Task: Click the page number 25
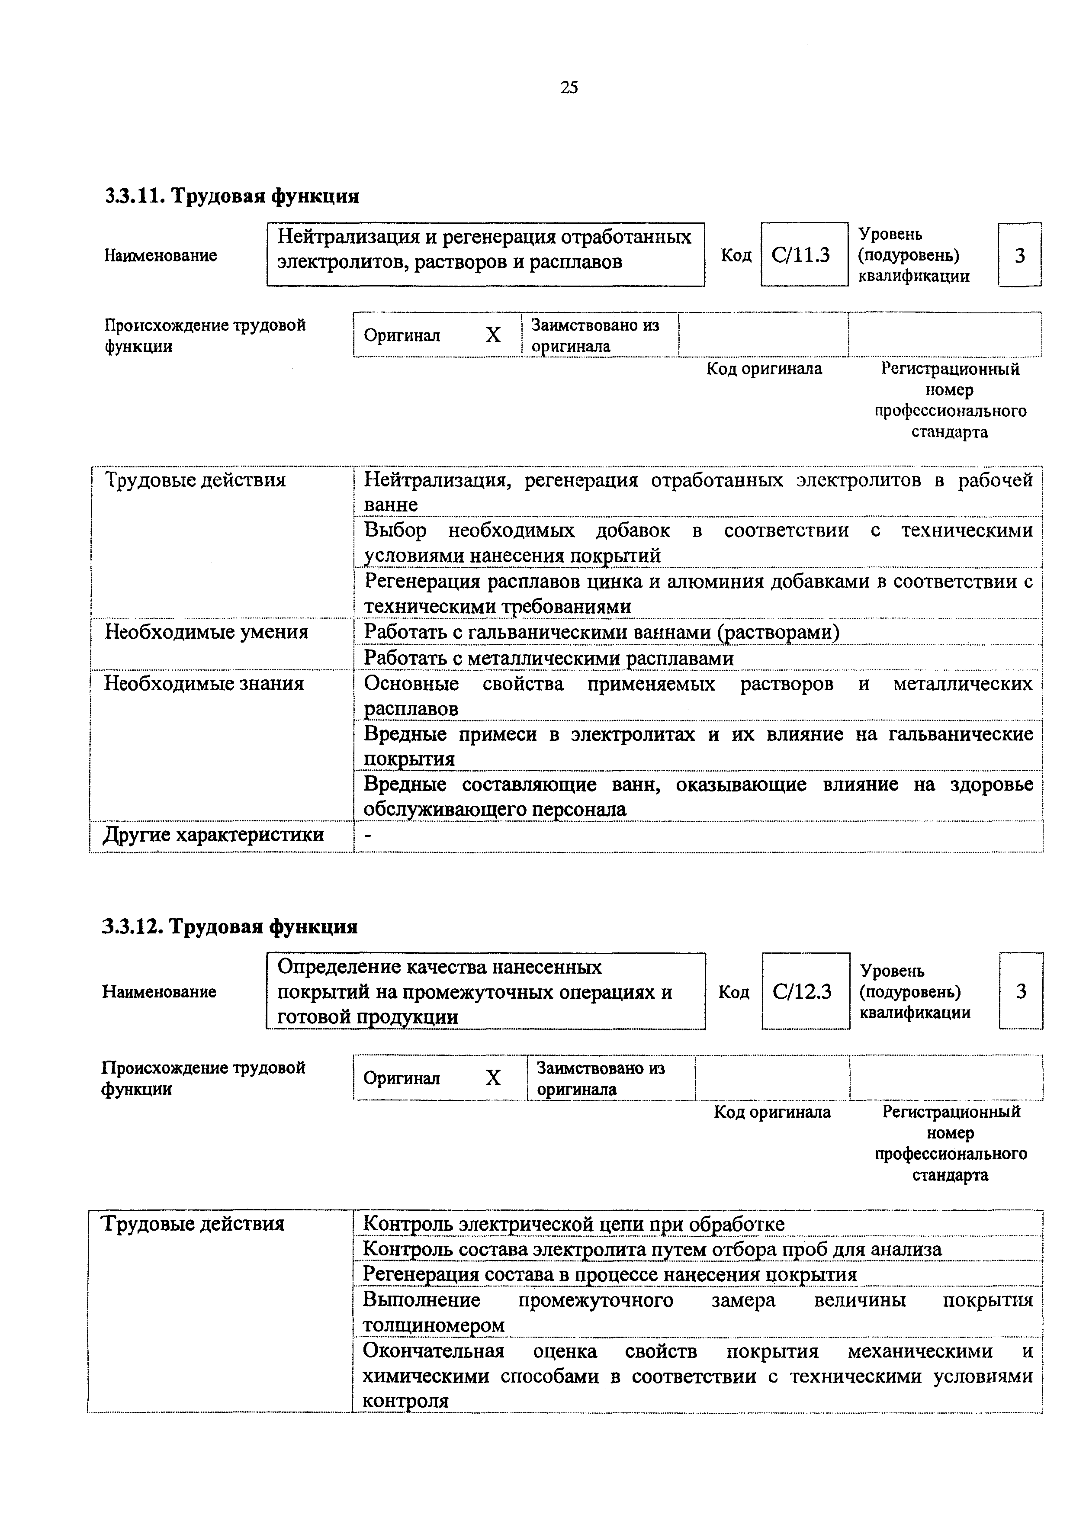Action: (x=569, y=87)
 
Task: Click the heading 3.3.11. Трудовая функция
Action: (x=232, y=196)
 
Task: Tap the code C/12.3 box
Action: (x=805, y=992)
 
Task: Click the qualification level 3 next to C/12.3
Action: (x=1021, y=992)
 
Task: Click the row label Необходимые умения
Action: (x=206, y=632)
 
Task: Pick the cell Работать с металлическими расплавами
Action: (x=549, y=659)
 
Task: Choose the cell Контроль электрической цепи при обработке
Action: (x=574, y=1225)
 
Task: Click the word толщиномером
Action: (x=434, y=1325)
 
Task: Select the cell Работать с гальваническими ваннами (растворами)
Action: (x=602, y=633)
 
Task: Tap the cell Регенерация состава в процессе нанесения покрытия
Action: (x=610, y=1275)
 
